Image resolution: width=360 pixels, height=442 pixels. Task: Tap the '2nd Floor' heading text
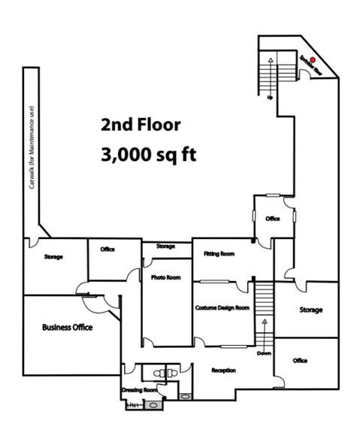pos(141,124)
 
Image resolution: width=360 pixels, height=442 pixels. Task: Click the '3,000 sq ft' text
pos(147,156)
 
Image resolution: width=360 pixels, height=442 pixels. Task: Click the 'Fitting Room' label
pos(219,254)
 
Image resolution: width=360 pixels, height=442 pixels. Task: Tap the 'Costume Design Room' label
pos(221,307)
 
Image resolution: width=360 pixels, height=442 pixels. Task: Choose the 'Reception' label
pos(224,371)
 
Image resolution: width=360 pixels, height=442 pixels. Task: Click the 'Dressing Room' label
pos(140,391)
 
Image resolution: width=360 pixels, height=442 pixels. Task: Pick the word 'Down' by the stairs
pos(263,353)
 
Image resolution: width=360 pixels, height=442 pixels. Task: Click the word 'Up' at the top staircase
pos(270,98)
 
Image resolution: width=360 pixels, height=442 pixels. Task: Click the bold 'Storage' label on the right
pos(310,310)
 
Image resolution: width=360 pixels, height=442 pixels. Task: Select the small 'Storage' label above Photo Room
pos(165,246)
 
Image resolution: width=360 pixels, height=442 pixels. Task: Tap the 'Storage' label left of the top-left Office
pos(53,257)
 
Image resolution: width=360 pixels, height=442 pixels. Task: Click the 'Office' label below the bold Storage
pos(300,361)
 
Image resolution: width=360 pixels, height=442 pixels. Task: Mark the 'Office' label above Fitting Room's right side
pos(272,219)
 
